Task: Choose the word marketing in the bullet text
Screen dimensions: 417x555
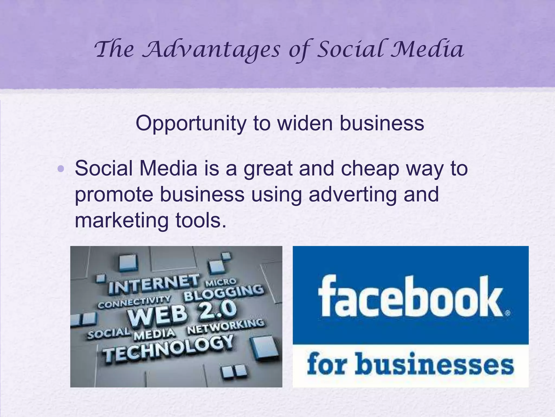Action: click(121, 220)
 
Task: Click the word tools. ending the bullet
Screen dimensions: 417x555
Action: click(201, 220)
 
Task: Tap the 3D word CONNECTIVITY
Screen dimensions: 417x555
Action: click(134, 302)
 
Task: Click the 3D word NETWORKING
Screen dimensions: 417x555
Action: click(225, 327)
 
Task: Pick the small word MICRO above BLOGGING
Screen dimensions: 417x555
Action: click(221, 282)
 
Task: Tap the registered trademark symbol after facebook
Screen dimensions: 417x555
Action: click(508, 313)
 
